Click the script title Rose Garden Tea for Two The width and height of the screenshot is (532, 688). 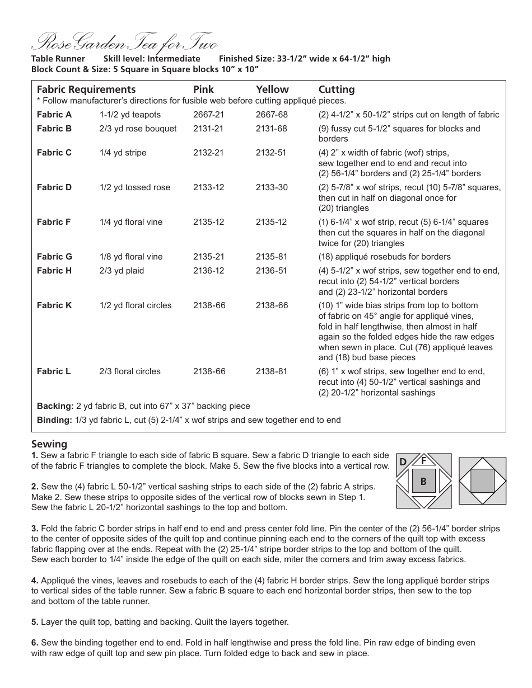click(x=124, y=43)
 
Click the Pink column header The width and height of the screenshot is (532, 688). click(x=203, y=89)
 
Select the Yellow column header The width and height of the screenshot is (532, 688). click(x=272, y=89)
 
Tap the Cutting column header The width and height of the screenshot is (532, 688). click(x=337, y=89)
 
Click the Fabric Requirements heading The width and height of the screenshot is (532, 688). click(x=86, y=89)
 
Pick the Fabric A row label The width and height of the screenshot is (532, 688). click(x=54, y=115)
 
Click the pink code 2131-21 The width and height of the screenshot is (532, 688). click(x=208, y=129)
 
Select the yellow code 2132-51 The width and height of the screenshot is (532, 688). click(x=272, y=153)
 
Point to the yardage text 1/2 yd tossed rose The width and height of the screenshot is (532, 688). click(x=135, y=187)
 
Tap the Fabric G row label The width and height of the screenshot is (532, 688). click(x=54, y=257)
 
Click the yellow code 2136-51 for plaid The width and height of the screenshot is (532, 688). click(x=272, y=271)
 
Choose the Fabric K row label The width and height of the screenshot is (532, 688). click(x=54, y=305)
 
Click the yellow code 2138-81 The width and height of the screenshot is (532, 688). click(x=272, y=371)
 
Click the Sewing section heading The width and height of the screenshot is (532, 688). click(x=49, y=444)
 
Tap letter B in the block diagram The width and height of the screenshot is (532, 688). click(x=424, y=481)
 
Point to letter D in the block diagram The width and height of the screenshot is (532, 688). click(x=403, y=462)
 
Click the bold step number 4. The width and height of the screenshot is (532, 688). click(x=35, y=581)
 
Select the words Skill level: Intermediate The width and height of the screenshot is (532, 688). click(x=152, y=59)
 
